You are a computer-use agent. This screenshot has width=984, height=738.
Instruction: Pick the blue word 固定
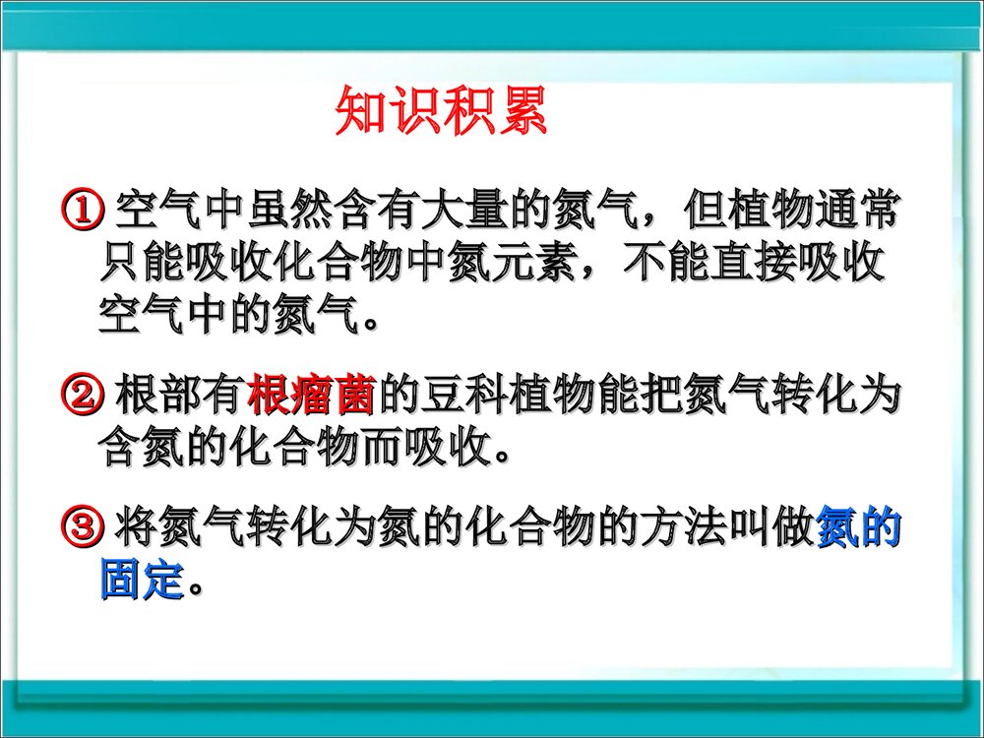(143, 580)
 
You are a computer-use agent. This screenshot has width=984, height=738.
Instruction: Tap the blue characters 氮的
(859, 528)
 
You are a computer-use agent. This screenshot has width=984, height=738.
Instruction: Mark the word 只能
(143, 264)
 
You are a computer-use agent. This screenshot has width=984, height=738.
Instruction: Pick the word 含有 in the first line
(377, 209)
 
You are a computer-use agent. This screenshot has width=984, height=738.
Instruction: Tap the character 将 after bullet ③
(136, 528)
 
